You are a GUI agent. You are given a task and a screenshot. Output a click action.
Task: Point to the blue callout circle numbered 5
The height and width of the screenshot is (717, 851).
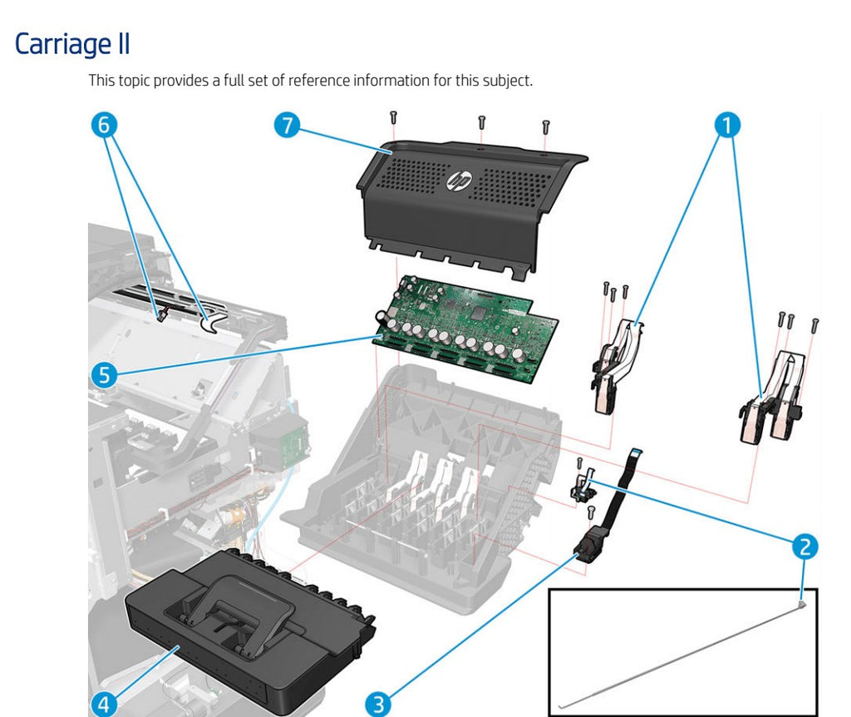103,375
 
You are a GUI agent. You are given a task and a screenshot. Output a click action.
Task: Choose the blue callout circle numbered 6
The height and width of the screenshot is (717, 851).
103,126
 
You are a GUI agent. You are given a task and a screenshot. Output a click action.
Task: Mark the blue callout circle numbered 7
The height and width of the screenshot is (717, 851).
287,126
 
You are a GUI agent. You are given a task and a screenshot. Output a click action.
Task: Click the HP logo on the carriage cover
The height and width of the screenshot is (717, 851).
459,180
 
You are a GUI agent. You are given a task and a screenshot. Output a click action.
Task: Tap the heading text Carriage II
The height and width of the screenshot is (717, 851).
72,44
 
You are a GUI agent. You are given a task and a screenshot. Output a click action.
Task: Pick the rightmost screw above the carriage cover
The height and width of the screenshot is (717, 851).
546,126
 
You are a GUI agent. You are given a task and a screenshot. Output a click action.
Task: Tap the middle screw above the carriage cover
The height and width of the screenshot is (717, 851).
482,121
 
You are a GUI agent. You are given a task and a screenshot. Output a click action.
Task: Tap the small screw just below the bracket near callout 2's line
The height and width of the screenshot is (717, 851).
591,512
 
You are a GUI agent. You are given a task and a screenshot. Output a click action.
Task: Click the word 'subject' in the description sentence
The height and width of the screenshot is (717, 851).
508,82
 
